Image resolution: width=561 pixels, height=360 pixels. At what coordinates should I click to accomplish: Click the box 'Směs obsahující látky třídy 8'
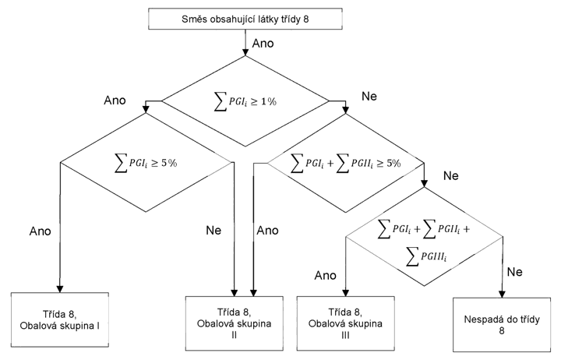point(245,19)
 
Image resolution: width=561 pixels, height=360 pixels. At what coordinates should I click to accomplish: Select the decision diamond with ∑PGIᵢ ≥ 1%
point(245,101)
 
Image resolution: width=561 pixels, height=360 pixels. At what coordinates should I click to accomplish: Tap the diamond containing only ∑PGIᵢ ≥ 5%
point(146,163)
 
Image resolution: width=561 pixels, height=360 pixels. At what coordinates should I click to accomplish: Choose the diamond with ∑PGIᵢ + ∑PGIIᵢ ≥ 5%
point(346,163)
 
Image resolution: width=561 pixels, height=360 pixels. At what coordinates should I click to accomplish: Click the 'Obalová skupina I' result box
point(60,319)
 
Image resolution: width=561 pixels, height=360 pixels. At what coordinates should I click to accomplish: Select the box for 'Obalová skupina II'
point(235,323)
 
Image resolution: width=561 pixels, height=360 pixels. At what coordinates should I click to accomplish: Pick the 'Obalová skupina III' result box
point(346,323)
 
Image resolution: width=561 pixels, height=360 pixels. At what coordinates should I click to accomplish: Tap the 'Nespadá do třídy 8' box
point(502,325)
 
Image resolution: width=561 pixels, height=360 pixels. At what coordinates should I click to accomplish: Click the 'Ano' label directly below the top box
point(263,44)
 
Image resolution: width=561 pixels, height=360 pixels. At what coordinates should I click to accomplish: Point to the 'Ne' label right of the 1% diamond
point(369,97)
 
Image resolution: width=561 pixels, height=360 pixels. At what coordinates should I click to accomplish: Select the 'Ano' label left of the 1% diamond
point(115,101)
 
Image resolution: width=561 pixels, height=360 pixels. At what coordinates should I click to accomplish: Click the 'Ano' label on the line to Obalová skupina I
point(40,231)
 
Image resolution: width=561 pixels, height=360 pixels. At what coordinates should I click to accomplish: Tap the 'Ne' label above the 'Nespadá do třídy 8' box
point(515,272)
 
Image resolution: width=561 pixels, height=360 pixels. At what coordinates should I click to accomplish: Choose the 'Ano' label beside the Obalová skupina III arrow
point(326,275)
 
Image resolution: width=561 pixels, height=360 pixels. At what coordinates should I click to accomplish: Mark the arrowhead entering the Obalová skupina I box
point(60,289)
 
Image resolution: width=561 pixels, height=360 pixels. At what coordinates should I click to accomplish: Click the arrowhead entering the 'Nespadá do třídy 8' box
point(502,294)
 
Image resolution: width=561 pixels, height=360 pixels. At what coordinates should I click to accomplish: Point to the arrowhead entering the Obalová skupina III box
point(346,293)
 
